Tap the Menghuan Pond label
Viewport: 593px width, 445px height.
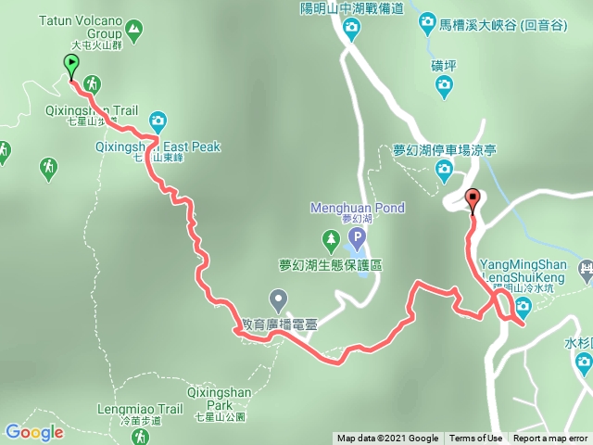click(362, 208)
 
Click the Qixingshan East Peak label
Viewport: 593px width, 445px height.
click(157, 146)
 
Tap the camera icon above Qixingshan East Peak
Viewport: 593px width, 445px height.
click(158, 121)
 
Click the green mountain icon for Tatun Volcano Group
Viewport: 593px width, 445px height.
click(136, 32)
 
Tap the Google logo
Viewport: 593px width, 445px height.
click(34, 432)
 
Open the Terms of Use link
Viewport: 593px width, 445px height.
click(476, 439)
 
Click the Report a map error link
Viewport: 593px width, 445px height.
click(550, 439)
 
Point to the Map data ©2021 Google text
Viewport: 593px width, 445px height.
click(387, 439)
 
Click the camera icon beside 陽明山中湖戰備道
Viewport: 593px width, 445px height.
click(350, 27)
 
